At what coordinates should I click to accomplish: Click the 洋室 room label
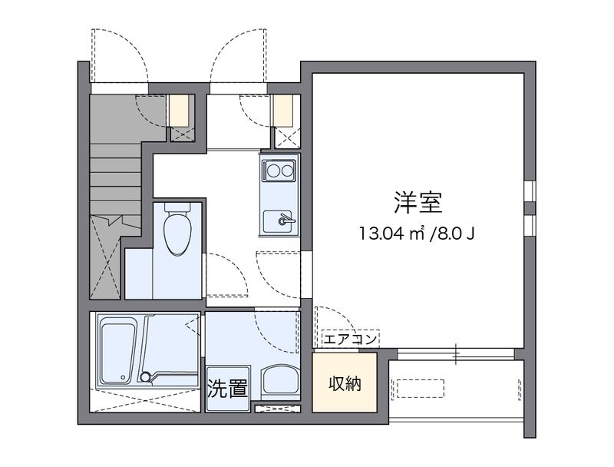[x=418, y=203]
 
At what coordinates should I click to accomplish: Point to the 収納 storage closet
[x=345, y=383]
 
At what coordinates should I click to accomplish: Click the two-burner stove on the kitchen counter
[x=278, y=169]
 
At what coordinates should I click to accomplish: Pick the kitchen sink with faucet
[x=279, y=220]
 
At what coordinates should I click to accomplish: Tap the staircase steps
[x=115, y=184]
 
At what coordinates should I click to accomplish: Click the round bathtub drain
[x=146, y=376]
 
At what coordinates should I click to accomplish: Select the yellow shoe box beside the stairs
[x=180, y=110]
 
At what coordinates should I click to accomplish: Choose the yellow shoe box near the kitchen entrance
[x=284, y=110]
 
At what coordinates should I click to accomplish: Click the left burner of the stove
[x=271, y=169]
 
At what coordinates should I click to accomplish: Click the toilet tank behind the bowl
[x=178, y=207]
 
